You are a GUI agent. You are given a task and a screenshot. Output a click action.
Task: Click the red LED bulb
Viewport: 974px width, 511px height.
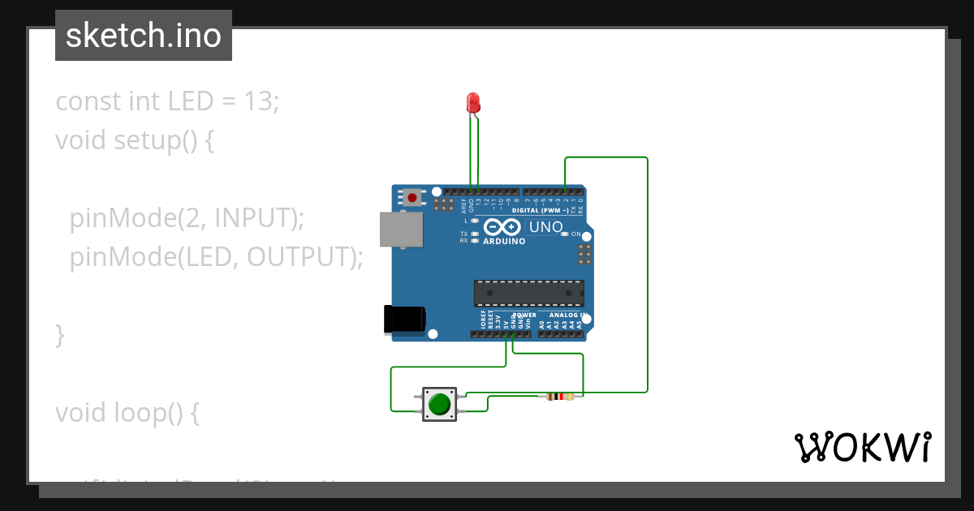[x=473, y=102]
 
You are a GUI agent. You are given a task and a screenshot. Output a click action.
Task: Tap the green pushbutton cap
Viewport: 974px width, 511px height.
[x=439, y=404]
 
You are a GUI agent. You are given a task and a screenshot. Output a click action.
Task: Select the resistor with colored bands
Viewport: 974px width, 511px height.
[x=556, y=397]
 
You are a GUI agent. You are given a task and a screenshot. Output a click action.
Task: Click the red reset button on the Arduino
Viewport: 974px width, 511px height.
[x=412, y=197]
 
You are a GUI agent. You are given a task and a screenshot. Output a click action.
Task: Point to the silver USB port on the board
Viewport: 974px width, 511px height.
[x=401, y=229]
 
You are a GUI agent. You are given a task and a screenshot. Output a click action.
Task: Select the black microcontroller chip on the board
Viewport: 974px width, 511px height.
[x=528, y=293]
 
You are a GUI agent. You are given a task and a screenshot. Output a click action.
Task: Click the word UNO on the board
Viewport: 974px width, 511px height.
[x=545, y=227]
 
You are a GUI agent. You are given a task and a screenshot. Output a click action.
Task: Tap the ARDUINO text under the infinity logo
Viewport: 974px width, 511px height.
[x=504, y=241]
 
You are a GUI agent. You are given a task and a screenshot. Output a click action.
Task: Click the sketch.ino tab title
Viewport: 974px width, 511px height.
[x=144, y=36]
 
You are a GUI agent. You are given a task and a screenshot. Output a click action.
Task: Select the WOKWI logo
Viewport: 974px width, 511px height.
[x=861, y=447]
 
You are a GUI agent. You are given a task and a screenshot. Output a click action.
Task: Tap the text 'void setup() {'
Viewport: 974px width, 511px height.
[x=134, y=140]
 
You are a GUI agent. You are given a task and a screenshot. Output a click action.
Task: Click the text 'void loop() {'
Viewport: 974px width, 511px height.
[x=127, y=412]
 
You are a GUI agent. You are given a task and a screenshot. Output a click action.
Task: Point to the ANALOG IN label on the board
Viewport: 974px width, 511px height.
[x=567, y=315]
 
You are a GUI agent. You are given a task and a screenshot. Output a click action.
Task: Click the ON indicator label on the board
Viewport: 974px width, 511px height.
[x=575, y=234]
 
